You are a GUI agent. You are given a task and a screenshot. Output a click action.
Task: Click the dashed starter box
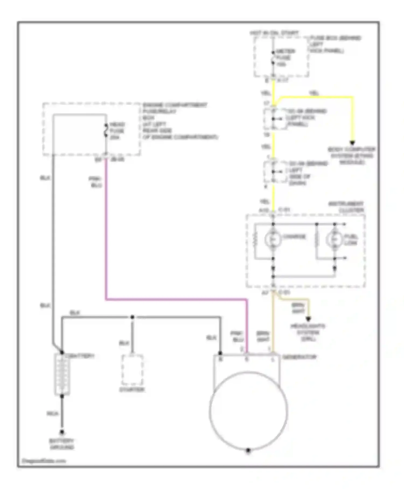(132, 370)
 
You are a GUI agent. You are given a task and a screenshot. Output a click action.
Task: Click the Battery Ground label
(62, 444)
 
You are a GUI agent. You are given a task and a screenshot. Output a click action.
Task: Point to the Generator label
(299, 357)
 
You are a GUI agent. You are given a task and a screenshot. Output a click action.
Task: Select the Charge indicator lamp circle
(273, 239)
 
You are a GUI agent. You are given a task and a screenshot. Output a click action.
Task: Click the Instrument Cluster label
(346, 207)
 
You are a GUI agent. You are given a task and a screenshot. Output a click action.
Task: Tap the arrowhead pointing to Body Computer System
(352, 143)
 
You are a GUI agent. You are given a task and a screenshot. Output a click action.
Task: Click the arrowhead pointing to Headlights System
(308, 319)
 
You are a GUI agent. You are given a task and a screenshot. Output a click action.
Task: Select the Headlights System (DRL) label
(308, 332)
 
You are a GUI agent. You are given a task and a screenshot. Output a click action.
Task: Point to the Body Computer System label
(351, 156)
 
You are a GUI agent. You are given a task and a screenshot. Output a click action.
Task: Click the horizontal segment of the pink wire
(175, 299)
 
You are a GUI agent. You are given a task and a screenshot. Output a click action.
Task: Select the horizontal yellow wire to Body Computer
(315, 97)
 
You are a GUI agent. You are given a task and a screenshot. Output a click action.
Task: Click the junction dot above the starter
(132, 317)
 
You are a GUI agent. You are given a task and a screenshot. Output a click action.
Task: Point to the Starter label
(132, 390)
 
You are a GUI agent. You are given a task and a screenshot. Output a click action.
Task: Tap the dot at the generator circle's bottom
(248, 450)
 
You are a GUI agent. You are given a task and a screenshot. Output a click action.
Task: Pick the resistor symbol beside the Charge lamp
(254, 239)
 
